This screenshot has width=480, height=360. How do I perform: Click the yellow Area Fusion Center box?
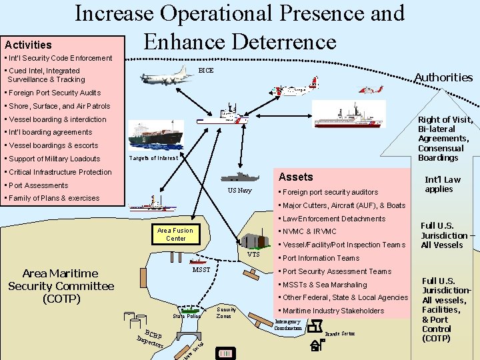(176, 234)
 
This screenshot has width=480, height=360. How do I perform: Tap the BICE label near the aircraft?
(206, 71)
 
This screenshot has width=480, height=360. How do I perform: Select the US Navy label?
(239, 191)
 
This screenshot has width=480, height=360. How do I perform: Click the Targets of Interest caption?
(153, 158)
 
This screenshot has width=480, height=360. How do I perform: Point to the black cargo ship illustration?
(156, 134)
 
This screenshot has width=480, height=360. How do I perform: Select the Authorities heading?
(443, 77)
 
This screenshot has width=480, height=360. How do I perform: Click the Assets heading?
(295, 177)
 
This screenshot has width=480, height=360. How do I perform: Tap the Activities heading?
(28, 45)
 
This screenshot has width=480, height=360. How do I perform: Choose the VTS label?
(253, 255)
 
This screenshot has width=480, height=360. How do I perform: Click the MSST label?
(201, 270)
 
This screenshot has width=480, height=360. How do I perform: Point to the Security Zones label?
(227, 313)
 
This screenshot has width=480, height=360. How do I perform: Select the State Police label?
(187, 316)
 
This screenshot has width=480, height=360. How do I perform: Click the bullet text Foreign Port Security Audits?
(53, 93)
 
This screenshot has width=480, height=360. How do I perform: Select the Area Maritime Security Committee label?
(61, 286)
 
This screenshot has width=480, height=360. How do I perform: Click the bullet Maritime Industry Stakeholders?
(333, 311)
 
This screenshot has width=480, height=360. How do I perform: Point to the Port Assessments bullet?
(38, 185)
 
